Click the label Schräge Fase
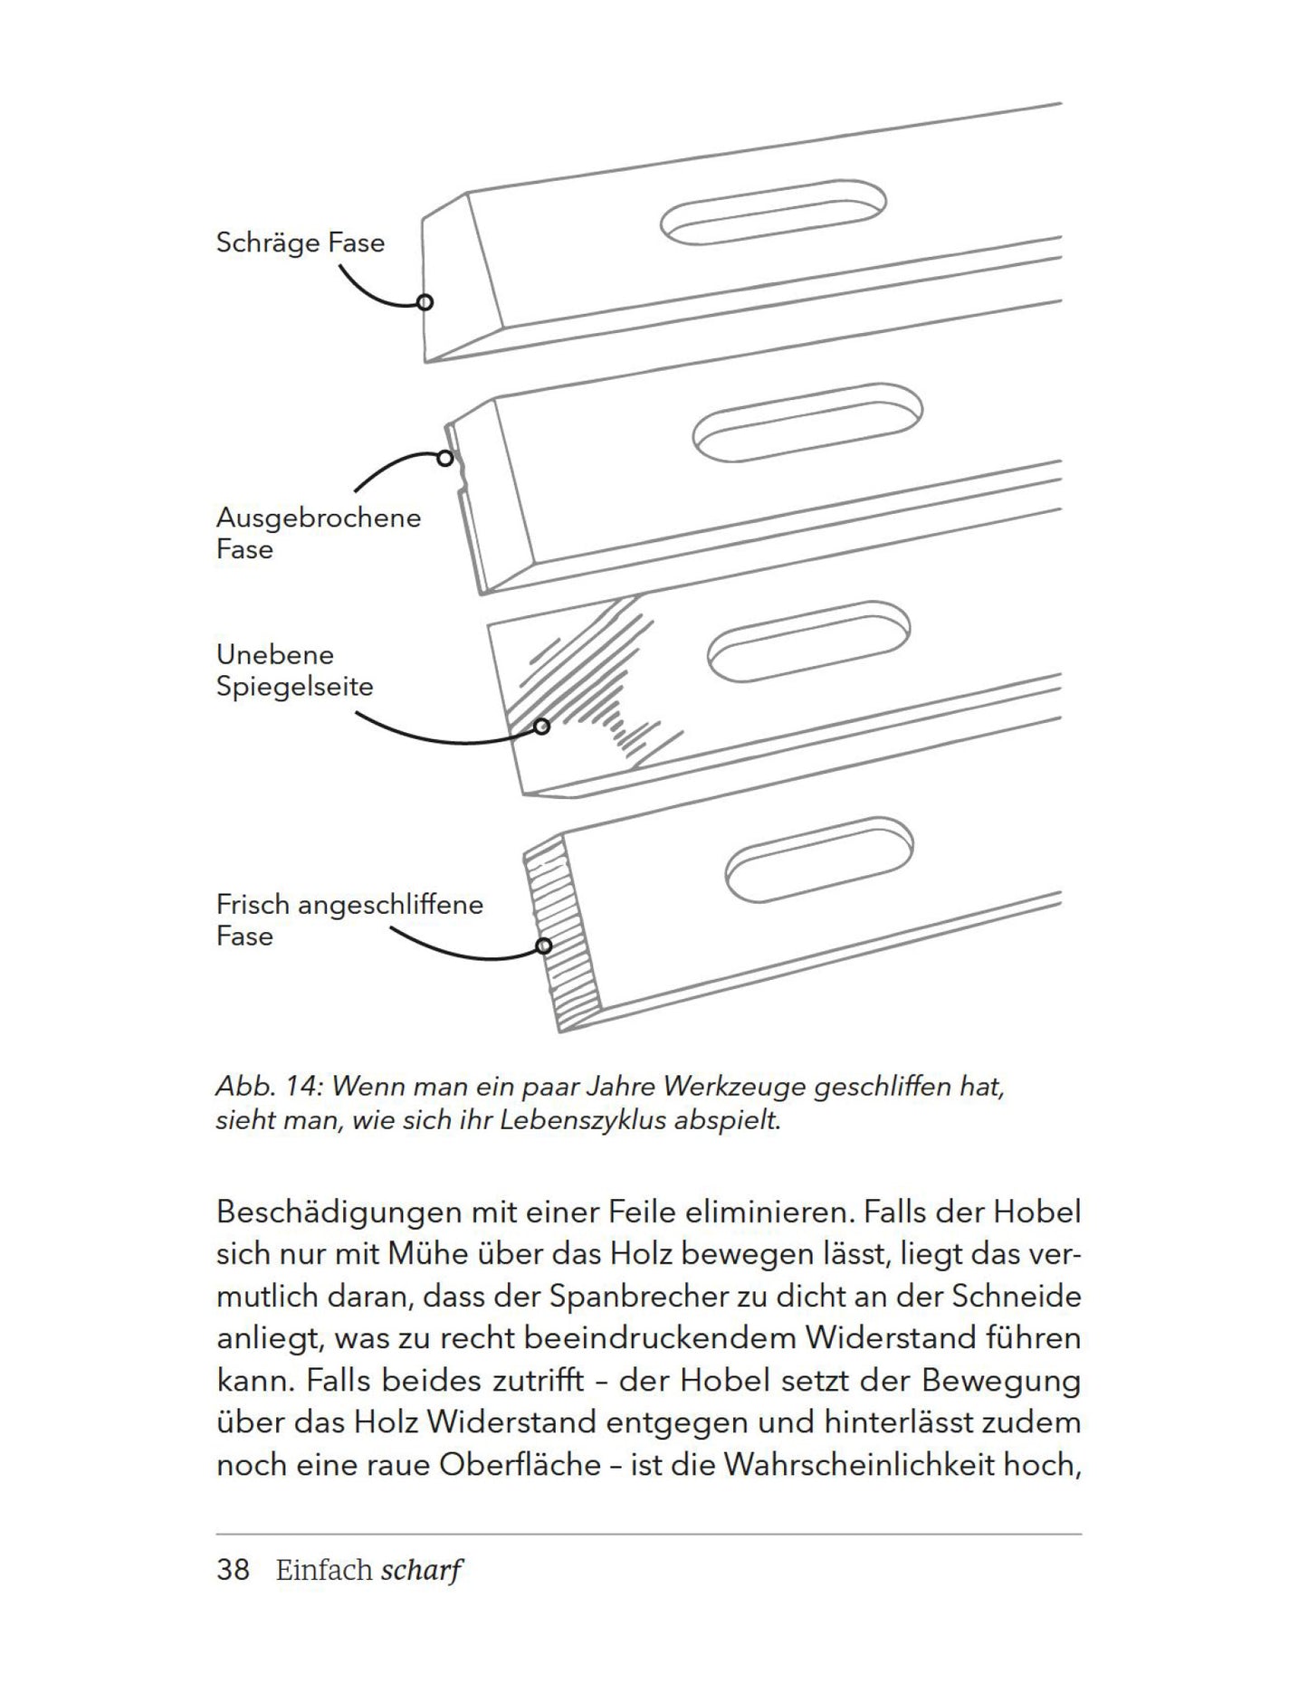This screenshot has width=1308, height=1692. [x=300, y=242]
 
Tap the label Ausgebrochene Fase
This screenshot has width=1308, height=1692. [x=318, y=533]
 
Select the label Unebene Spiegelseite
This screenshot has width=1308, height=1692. [x=294, y=670]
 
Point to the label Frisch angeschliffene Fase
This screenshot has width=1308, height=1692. [x=349, y=919]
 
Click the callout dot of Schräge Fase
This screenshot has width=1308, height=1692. [x=425, y=302]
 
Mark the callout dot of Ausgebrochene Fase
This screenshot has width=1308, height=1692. [x=444, y=459]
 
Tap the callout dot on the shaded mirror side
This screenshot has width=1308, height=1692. [x=541, y=727]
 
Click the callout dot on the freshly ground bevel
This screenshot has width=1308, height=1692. [x=543, y=946]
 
